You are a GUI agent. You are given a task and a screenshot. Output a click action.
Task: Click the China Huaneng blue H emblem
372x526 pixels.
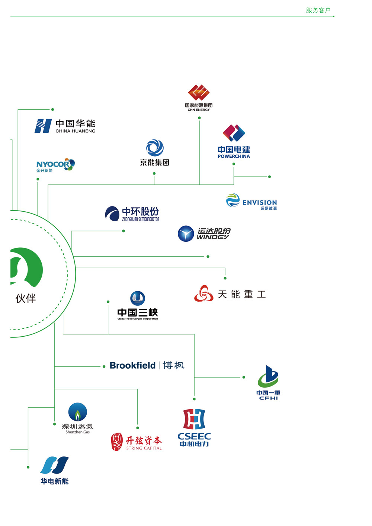[x=43, y=126]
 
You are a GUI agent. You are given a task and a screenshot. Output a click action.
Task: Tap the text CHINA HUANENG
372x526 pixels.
[x=76, y=131]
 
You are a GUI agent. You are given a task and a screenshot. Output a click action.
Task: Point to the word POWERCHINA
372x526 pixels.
[x=234, y=157]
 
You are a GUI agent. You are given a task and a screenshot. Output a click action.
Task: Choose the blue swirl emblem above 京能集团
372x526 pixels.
[x=155, y=148]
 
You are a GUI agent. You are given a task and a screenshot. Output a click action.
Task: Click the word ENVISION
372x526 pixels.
[x=260, y=202]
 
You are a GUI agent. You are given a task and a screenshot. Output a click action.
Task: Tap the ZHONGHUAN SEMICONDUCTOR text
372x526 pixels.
[x=141, y=219]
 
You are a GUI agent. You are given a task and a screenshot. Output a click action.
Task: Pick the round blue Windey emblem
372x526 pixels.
[x=186, y=234]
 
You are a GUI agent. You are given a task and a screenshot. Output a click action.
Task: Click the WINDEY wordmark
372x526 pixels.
[x=213, y=237]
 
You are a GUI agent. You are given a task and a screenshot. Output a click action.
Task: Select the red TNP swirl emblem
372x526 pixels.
[x=203, y=294]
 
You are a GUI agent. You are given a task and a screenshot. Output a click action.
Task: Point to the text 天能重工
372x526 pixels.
[x=242, y=295]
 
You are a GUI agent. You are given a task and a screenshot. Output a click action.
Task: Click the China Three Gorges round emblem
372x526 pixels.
[x=138, y=298]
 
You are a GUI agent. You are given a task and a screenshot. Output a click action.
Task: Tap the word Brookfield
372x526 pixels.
[x=132, y=366]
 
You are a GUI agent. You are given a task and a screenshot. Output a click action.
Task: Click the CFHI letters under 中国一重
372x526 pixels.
[x=269, y=398]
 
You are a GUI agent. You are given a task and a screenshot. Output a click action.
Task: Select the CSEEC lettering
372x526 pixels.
[x=194, y=436]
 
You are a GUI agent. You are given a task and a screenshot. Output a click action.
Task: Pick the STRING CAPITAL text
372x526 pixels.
[x=144, y=448]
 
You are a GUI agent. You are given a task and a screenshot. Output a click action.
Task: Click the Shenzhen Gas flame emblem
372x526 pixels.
[x=77, y=413]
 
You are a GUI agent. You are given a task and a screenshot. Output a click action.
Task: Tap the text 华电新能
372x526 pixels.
[x=55, y=481]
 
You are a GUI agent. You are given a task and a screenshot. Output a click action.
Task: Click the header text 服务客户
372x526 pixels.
[x=318, y=10]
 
